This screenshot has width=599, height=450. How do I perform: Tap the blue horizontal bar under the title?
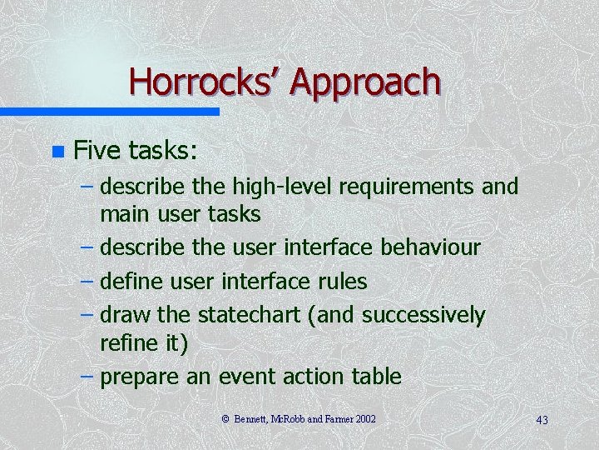pyautogui.click(x=109, y=111)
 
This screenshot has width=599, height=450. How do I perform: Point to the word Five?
pyautogui.click(x=98, y=150)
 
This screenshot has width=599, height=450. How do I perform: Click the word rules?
pyautogui.click(x=344, y=281)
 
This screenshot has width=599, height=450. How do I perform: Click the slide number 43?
pyautogui.click(x=542, y=419)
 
